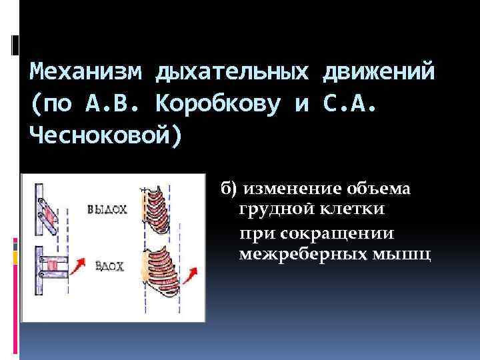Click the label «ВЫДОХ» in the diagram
[107, 209]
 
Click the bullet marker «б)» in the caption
[230, 190]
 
